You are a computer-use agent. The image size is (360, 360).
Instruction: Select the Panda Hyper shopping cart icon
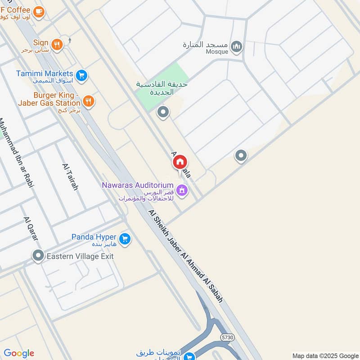coord(126,238)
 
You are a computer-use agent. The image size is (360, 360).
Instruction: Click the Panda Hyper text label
coord(94,237)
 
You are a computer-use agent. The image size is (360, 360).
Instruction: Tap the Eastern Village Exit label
coord(80,256)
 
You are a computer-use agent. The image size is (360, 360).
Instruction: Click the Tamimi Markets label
coord(45,73)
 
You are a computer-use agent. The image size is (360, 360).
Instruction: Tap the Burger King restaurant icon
coord(89,101)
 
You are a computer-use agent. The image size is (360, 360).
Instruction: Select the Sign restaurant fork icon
coord(56,44)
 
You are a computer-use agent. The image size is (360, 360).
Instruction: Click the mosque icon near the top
coord(236,46)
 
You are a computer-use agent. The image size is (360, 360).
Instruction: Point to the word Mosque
coord(218,52)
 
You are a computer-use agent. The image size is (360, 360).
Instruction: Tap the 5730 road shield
coord(227,337)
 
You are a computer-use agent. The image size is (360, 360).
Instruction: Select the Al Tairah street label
coord(71,176)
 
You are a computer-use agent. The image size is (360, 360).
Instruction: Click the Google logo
coord(18,353)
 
